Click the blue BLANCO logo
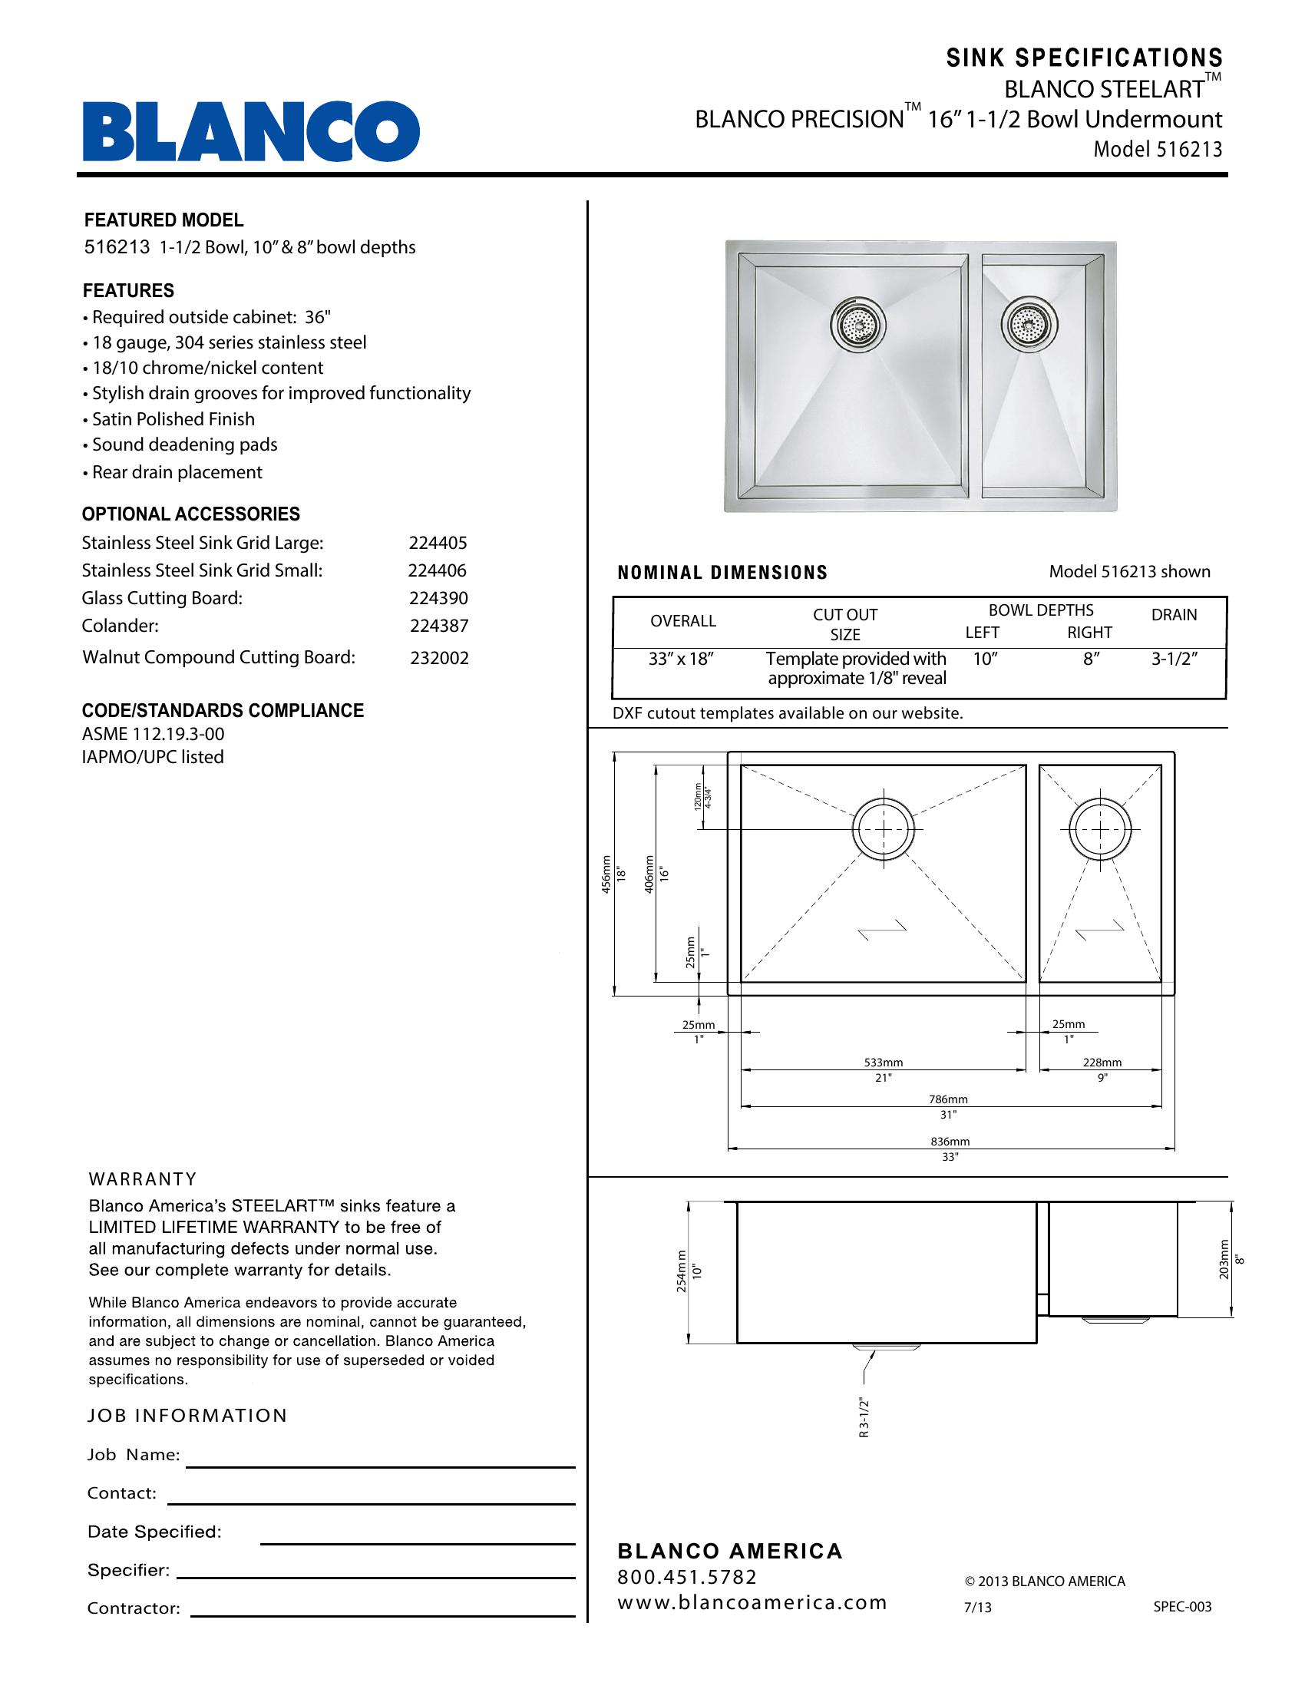(251, 131)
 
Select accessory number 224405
(438, 543)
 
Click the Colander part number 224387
(439, 626)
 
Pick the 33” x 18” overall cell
(680, 659)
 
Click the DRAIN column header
(1174, 615)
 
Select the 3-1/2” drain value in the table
(1174, 659)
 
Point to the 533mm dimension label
(884, 1063)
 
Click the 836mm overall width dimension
(950, 1142)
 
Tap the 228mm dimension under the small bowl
(1102, 1063)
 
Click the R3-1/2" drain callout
(864, 1417)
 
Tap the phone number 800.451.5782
(687, 1577)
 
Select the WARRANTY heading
(143, 1179)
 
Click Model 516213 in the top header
(1158, 149)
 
